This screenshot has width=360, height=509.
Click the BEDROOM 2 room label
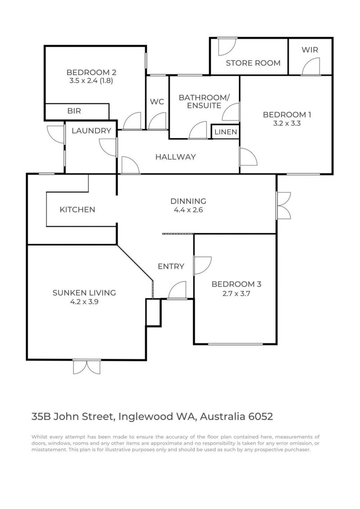point(91,72)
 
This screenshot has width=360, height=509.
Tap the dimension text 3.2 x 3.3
point(287,123)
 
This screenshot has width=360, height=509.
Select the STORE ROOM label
point(253,63)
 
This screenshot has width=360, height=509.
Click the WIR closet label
point(310,50)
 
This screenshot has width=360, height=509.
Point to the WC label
point(157,102)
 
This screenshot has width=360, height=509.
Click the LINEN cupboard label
point(225,132)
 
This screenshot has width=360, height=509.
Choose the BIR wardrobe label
point(74,111)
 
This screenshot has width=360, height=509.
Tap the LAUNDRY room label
point(91,131)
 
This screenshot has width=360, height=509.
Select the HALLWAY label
point(175,157)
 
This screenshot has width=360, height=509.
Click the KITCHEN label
point(77,210)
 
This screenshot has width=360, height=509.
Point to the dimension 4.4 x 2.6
point(188,210)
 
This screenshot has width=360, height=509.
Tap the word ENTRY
point(171,266)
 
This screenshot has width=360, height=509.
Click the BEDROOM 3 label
point(236,284)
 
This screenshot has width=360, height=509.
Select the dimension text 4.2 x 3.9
point(84,302)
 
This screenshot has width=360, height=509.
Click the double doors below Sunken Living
point(87,367)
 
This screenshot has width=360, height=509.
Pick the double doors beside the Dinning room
point(283,206)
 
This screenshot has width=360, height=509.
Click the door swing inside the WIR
point(311,67)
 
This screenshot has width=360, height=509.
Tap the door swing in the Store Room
point(227,46)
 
